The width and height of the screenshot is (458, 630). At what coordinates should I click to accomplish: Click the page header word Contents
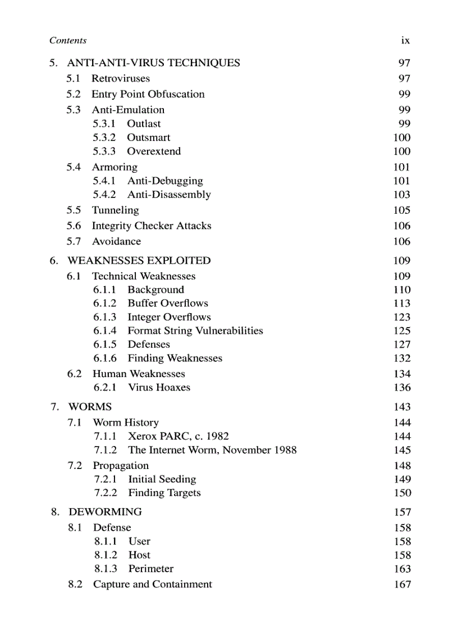click(68, 40)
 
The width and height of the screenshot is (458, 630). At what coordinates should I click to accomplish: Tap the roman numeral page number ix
click(405, 40)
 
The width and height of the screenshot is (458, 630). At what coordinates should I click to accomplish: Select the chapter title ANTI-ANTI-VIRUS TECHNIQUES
click(153, 63)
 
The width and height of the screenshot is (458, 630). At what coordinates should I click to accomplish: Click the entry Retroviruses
click(121, 79)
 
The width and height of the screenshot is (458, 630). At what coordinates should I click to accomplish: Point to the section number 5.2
click(74, 94)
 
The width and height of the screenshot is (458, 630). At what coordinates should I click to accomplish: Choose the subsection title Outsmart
click(148, 137)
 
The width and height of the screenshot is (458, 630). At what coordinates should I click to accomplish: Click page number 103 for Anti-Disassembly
click(402, 195)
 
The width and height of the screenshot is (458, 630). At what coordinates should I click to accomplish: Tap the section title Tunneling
click(115, 210)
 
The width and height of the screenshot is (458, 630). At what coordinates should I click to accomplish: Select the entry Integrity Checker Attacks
click(152, 226)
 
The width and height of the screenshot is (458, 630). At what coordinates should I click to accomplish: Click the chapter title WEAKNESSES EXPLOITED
click(139, 261)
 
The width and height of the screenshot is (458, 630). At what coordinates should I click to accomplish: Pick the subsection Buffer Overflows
click(168, 303)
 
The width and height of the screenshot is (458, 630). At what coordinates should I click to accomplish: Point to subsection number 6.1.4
click(105, 331)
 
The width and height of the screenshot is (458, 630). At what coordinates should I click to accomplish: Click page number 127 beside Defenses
click(402, 344)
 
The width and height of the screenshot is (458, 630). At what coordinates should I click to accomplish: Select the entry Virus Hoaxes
click(159, 388)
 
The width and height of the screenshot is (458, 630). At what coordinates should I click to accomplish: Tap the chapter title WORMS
click(90, 407)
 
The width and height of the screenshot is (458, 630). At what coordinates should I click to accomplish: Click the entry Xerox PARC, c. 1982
click(178, 436)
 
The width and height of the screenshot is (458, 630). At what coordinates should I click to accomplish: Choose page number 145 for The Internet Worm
click(402, 450)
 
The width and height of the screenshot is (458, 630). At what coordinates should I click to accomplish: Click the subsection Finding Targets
click(164, 493)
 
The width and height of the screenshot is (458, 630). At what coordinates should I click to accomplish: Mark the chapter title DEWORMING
click(105, 512)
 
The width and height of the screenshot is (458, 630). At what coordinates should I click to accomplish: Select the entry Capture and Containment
click(153, 584)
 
